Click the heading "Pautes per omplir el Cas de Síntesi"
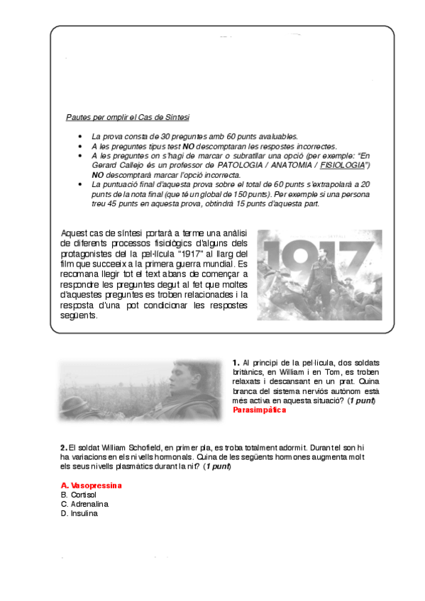tap(127, 117)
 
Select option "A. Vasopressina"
tap(92, 485)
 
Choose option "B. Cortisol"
tap(79, 494)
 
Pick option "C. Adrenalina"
tap(83, 503)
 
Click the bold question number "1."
tap(236, 363)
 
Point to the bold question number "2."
tap(64, 447)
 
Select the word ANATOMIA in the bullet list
tap(289, 164)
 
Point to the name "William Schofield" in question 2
tap(134, 447)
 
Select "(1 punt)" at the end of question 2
tap(217, 467)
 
